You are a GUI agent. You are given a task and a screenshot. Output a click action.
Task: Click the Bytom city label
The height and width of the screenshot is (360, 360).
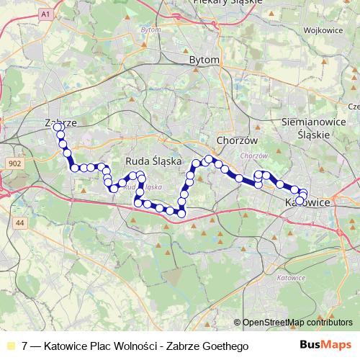202,62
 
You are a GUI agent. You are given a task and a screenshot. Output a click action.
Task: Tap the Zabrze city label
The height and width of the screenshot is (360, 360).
60,122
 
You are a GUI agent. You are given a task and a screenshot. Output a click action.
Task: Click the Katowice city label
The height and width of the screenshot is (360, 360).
307,204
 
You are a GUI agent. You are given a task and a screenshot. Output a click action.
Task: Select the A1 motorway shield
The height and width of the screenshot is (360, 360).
47,14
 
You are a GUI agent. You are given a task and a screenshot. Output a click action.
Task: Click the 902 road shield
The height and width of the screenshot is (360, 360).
14,164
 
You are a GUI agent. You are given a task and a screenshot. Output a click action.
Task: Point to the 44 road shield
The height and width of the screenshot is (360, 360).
20,224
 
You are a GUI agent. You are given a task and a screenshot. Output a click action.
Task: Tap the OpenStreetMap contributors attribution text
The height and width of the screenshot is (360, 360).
295,323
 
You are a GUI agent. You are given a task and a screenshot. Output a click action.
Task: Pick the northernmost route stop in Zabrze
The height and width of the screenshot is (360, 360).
58,127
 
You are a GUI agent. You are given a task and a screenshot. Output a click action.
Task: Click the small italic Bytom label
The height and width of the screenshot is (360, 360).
150,30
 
